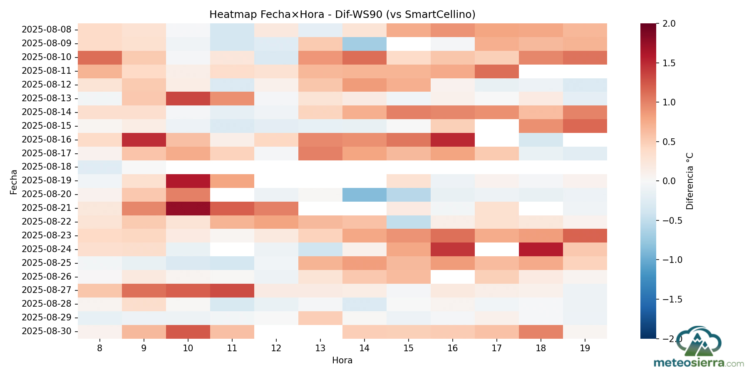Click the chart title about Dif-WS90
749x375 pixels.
(342, 15)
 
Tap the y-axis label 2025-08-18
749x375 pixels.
(47, 167)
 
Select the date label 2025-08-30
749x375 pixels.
(47, 331)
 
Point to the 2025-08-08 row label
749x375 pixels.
(47, 30)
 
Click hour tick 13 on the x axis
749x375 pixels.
(320, 348)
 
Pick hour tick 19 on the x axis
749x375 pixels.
(585, 348)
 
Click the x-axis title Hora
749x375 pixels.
(342, 360)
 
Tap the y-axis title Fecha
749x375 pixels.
(14, 182)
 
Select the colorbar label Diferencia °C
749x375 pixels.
(690, 181)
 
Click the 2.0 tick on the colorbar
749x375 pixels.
(669, 24)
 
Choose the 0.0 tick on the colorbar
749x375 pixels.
(669, 181)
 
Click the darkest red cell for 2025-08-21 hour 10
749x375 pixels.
(188, 208)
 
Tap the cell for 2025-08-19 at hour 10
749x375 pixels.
(188, 180)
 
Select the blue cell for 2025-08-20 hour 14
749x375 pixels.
(365, 194)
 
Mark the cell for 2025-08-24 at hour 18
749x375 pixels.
(541, 249)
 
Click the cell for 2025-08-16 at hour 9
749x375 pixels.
(144, 139)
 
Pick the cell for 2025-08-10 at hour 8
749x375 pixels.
(100, 57)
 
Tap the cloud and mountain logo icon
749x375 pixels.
(698, 341)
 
